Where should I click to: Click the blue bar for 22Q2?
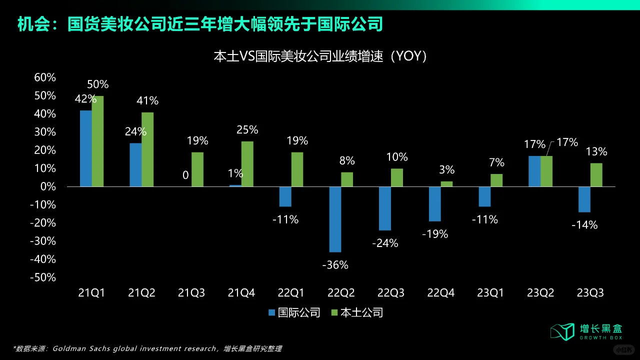tap(335, 219)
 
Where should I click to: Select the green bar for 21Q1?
tap(97, 141)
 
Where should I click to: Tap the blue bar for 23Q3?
tap(584, 199)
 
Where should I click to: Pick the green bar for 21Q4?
tap(247, 164)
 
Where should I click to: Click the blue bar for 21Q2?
tap(135, 165)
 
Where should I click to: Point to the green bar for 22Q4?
tap(446, 184)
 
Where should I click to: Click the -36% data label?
tap(335, 265)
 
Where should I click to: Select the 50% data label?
tap(97, 84)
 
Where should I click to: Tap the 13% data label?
tap(596, 151)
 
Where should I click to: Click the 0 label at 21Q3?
tap(185, 175)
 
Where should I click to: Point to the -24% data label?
tap(385, 243)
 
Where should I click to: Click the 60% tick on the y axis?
tap(44, 77)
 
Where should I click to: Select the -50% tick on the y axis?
tap(43, 277)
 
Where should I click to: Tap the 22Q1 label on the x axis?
tap(291, 293)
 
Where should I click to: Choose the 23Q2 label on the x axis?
tap(540, 293)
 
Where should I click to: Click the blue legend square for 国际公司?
tap(272, 313)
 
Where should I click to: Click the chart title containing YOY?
tap(320, 56)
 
